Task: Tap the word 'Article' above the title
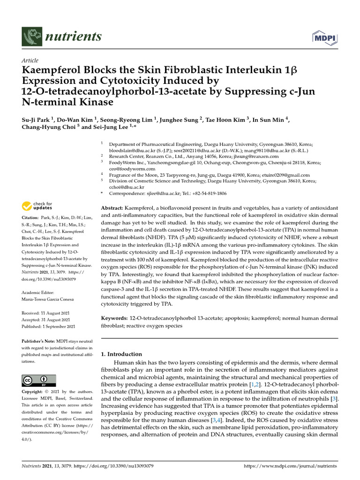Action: pyautogui.click(x=30, y=60)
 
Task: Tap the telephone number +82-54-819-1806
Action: pyautogui.click(x=204, y=193)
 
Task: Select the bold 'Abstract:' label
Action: pyautogui.click(x=112, y=207)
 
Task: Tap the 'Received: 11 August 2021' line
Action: pyautogui.click(x=49, y=312)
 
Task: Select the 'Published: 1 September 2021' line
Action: pyautogui.click(x=49, y=326)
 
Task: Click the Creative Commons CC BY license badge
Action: pyautogui.click(x=39, y=380)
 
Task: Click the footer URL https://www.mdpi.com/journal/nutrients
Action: pyautogui.click(x=290, y=467)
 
